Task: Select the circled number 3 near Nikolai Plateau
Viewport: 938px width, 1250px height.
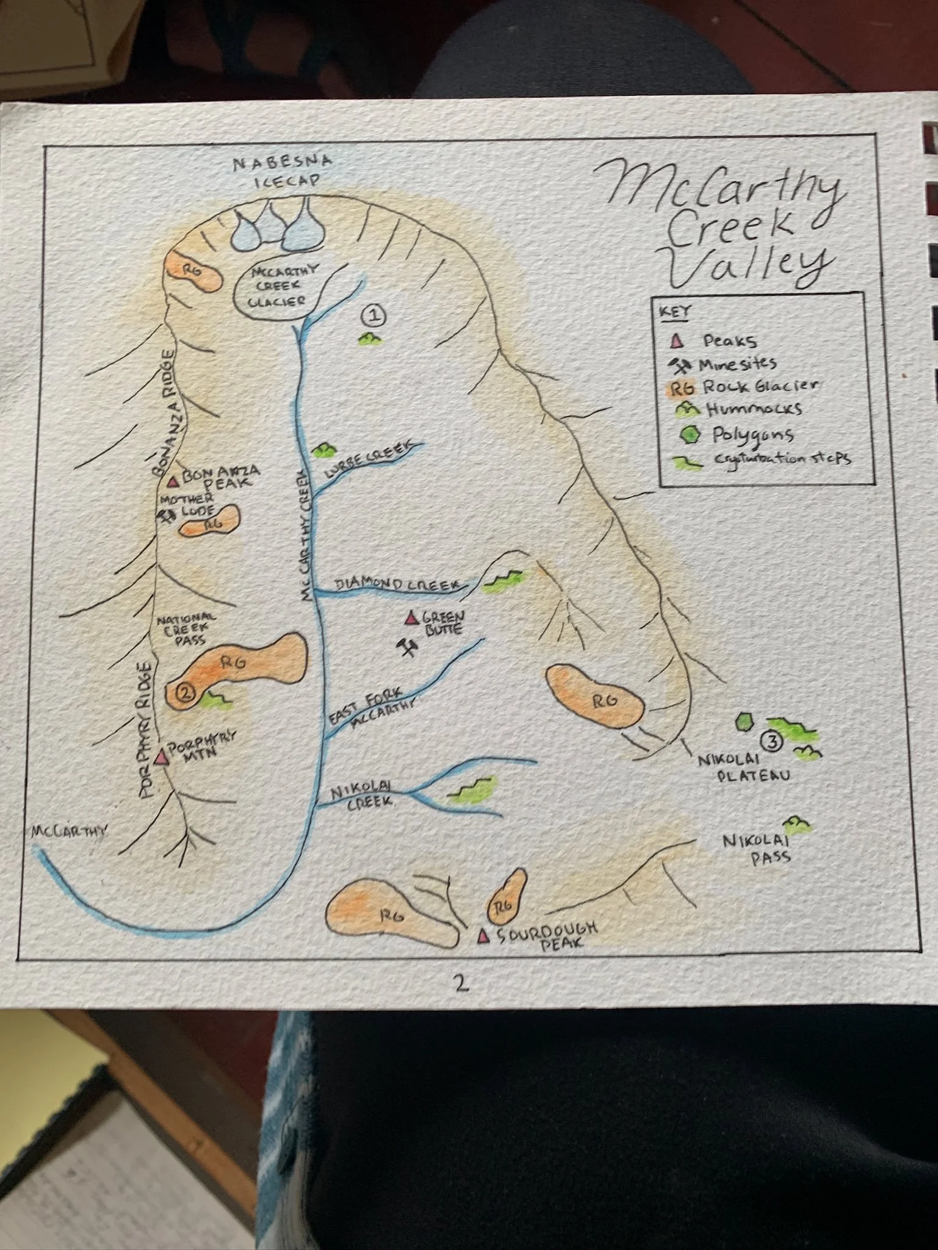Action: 771,742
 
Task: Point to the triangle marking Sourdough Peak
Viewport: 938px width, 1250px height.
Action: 483,936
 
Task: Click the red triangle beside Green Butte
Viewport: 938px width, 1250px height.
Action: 411,619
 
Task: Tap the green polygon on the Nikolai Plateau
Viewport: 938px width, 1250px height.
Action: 744,722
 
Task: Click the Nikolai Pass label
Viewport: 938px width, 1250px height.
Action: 757,849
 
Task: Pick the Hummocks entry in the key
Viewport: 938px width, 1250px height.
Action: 753,408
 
